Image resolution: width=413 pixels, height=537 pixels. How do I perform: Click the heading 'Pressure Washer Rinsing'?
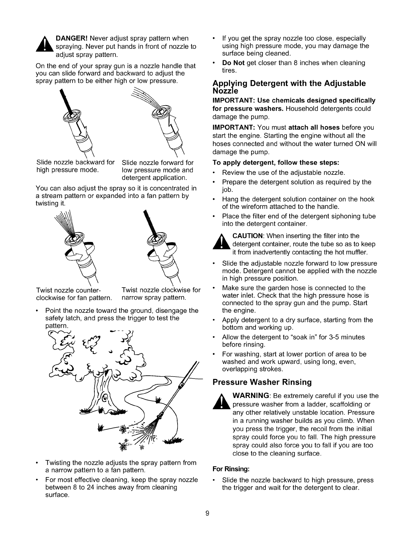click(262, 382)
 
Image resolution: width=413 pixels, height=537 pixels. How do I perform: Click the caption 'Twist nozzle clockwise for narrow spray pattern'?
click(161, 294)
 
